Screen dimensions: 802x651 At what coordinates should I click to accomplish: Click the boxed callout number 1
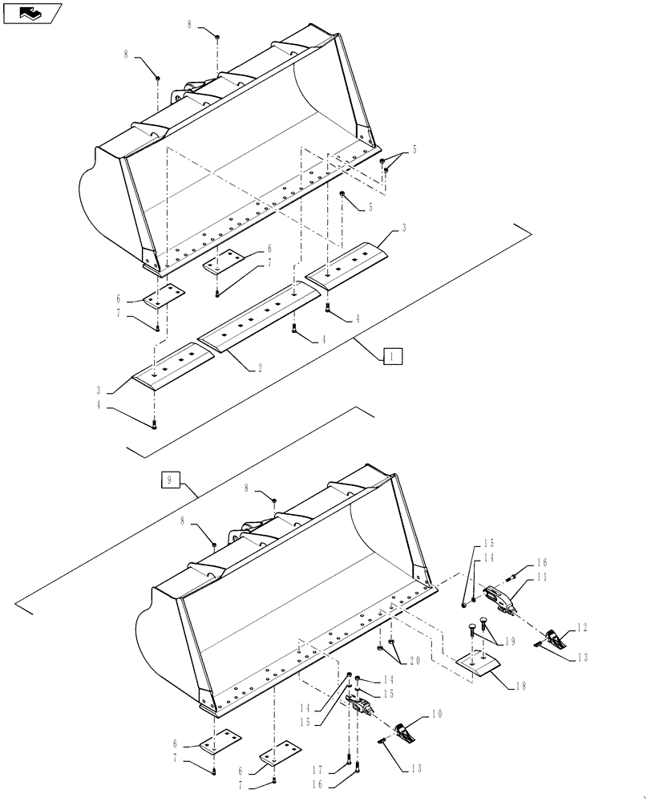[392, 356]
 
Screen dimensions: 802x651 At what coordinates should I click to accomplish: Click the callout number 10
[438, 712]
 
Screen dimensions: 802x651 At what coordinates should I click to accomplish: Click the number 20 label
[414, 660]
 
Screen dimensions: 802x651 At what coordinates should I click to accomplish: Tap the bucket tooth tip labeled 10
[407, 731]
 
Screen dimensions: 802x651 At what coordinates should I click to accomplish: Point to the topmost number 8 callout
[190, 25]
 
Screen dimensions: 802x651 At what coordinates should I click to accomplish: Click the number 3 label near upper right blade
[403, 229]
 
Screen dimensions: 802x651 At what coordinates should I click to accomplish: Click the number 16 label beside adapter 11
[542, 563]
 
